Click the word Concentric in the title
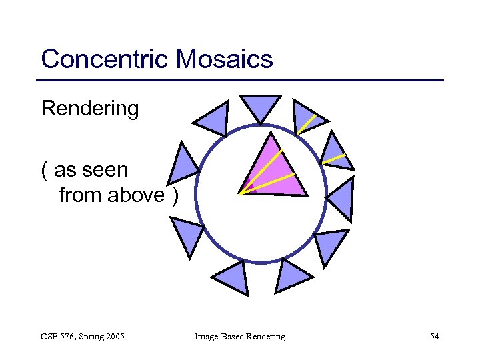[105, 59]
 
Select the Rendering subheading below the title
[90, 108]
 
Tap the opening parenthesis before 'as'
[44, 171]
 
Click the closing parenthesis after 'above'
[175, 196]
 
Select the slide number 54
[434, 337]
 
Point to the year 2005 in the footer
[113, 337]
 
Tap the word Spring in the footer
[87, 337]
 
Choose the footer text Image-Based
[217, 337]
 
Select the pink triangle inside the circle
[275, 170]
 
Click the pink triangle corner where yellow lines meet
[241, 194]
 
